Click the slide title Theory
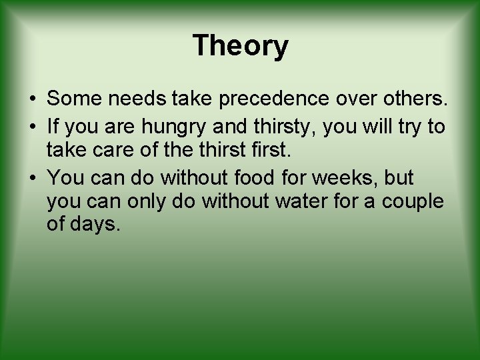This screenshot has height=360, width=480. (240, 46)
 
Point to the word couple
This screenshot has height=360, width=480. (413, 201)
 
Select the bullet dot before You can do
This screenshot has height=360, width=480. (32, 179)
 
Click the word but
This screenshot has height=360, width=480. (399, 178)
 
